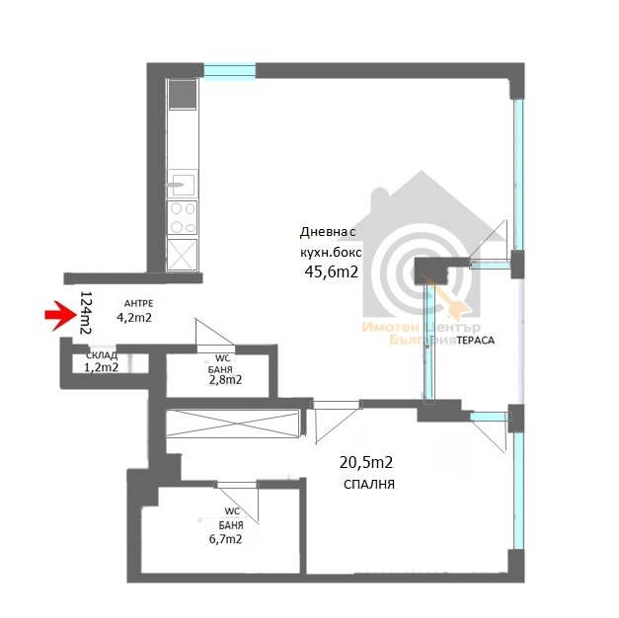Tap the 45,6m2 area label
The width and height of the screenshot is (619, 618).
pyautogui.click(x=331, y=271)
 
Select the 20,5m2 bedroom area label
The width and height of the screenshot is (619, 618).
pyautogui.click(x=366, y=462)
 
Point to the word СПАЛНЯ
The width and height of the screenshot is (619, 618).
pyautogui.click(x=369, y=485)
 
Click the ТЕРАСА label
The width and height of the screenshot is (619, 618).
pyautogui.click(x=476, y=341)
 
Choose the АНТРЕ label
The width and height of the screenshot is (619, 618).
pyautogui.click(x=138, y=304)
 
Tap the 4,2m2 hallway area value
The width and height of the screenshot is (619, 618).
pyautogui.click(x=134, y=318)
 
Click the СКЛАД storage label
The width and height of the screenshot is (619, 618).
pyautogui.click(x=102, y=355)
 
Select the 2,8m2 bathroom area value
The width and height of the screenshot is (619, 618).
pyautogui.click(x=225, y=380)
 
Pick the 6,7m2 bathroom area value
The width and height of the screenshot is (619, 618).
pyautogui.click(x=225, y=539)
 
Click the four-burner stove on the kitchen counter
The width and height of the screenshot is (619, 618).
pyautogui.click(x=182, y=217)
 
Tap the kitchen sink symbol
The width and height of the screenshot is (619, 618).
pyautogui.click(x=182, y=185)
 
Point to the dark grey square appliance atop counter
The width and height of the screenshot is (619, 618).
pyautogui.click(x=183, y=95)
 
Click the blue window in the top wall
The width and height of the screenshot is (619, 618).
pyautogui.click(x=229, y=71)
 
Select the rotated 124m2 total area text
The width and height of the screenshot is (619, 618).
pyautogui.click(x=86, y=313)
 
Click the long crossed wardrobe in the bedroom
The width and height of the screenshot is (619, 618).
pyautogui.click(x=233, y=424)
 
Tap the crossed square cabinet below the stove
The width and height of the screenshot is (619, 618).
pyautogui.click(x=182, y=255)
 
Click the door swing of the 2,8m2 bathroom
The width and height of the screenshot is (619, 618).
pyautogui.click(x=215, y=336)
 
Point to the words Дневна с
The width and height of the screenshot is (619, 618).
pyautogui.click(x=328, y=232)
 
